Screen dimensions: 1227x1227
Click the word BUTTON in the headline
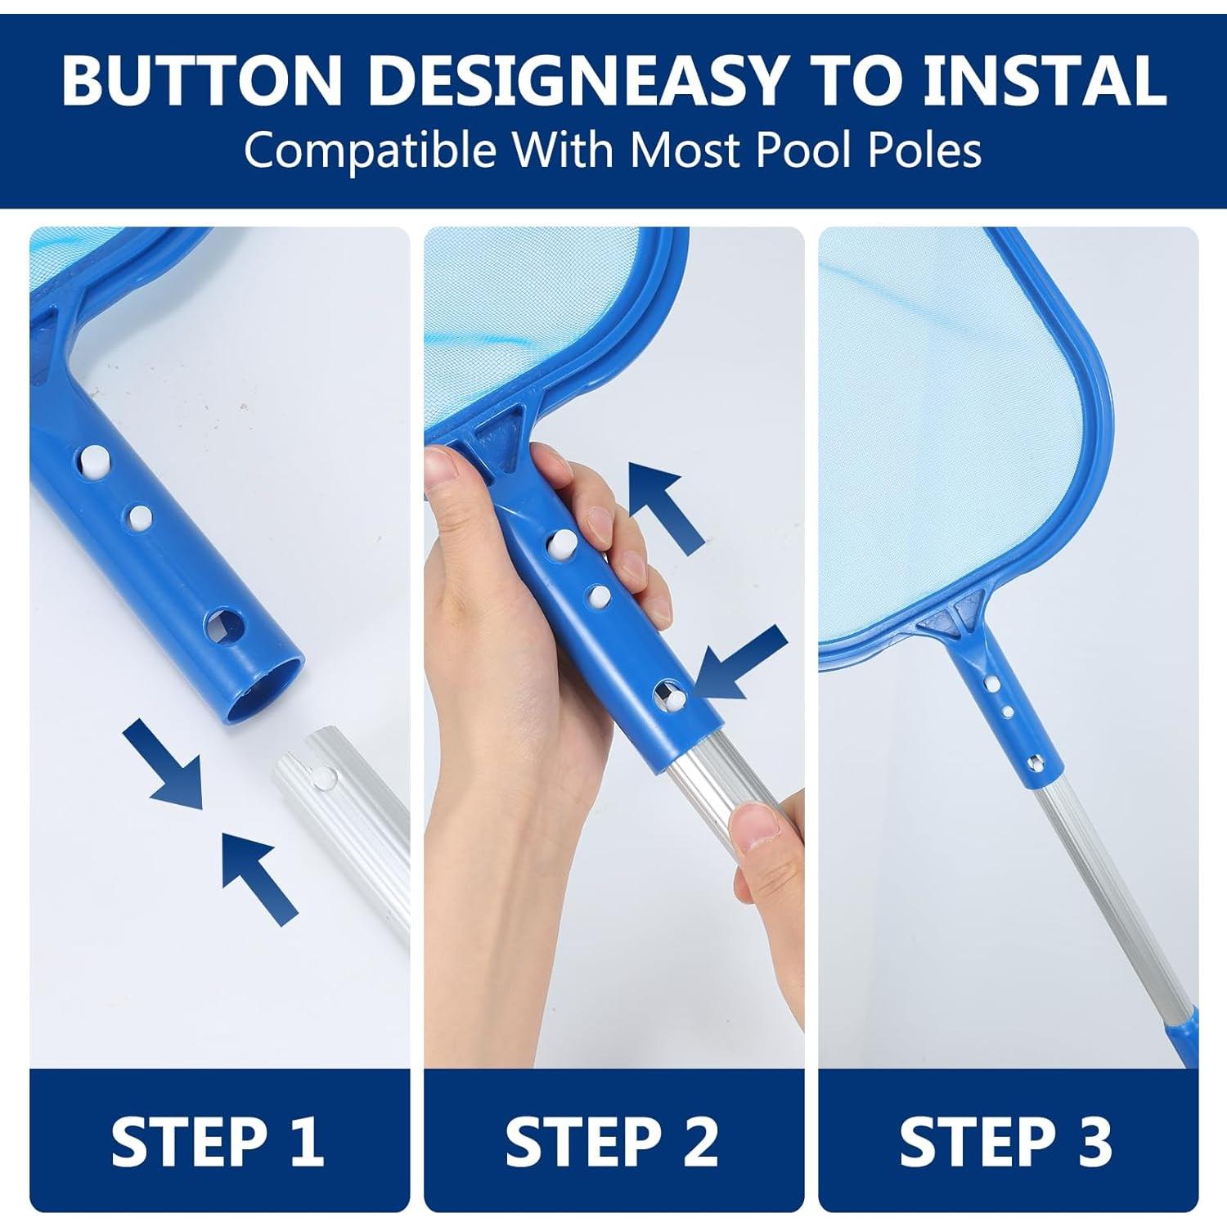[x=201, y=80]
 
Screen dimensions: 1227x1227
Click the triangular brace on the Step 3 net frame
[x=952, y=619]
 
